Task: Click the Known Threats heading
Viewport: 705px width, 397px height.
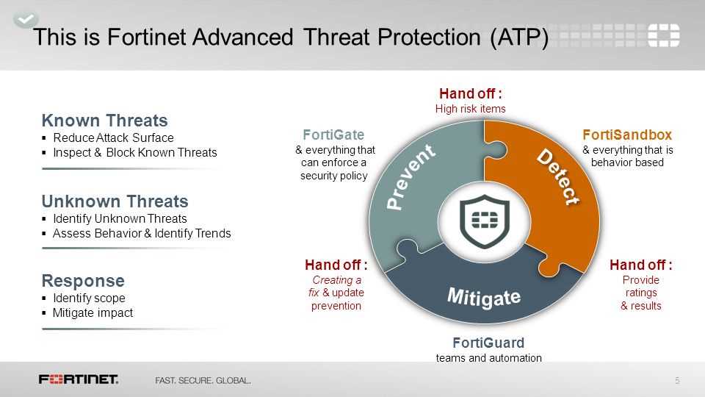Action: pos(104,121)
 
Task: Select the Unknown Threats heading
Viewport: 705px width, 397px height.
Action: pos(115,201)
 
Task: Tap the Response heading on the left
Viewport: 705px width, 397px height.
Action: pos(83,281)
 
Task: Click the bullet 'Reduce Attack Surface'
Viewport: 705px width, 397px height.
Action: pos(113,138)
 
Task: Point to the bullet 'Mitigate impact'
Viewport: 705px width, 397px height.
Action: pos(93,313)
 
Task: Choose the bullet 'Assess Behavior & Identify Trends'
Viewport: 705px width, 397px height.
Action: pos(142,234)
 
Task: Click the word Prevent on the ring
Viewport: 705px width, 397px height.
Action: pos(411,177)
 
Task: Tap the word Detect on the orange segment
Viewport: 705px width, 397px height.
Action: pos(557,177)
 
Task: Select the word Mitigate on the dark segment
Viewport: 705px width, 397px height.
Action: pos(484,298)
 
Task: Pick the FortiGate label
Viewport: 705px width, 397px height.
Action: pos(333,135)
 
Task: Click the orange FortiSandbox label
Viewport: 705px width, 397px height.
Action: pos(627,135)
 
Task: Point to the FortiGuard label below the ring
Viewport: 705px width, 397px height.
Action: pos(488,343)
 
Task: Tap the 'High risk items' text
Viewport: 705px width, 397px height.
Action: pos(470,109)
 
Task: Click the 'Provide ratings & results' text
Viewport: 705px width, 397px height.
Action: pos(640,293)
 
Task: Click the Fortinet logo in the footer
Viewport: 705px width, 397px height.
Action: pos(79,379)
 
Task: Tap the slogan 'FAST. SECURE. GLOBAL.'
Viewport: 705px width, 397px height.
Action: pos(203,381)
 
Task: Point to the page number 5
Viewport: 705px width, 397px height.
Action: pos(676,380)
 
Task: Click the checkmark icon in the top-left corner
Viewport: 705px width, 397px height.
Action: pos(24,18)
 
